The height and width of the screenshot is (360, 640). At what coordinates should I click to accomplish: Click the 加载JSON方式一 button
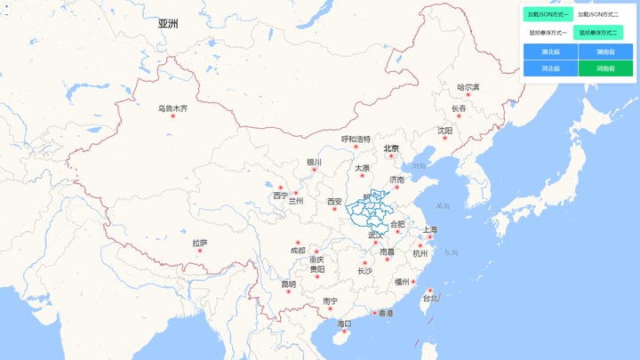point(548,14)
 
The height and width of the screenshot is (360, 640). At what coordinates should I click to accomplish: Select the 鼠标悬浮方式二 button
point(598,33)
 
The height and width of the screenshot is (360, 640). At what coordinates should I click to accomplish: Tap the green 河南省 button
point(605,68)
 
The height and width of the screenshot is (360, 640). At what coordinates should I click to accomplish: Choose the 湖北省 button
point(550,52)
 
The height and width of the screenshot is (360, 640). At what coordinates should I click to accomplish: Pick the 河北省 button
point(550,68)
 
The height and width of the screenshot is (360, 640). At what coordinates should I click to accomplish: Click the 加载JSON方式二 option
point(598,14)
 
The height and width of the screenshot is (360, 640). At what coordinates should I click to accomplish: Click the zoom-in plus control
point(6,6)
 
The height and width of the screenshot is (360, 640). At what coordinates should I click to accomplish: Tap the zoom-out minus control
point(6,15)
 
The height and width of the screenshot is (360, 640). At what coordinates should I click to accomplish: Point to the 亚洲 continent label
point(168,24)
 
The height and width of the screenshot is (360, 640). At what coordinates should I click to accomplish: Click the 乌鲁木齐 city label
point(173,108)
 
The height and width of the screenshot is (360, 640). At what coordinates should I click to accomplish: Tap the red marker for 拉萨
point(200,251)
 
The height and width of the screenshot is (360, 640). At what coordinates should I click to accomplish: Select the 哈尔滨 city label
point(468,87)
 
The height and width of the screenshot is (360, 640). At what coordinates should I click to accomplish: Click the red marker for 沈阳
point(444,138)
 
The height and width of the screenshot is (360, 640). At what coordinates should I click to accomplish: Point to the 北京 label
point(391,148)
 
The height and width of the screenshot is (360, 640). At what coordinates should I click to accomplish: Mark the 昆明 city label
point(289,284)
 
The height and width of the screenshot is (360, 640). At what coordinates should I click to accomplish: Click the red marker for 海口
point(345,332)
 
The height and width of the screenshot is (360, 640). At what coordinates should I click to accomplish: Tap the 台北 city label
point(430,299)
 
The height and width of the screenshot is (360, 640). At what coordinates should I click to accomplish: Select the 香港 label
point(386,313)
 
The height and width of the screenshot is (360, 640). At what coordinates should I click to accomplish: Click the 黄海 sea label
point(443,206)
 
